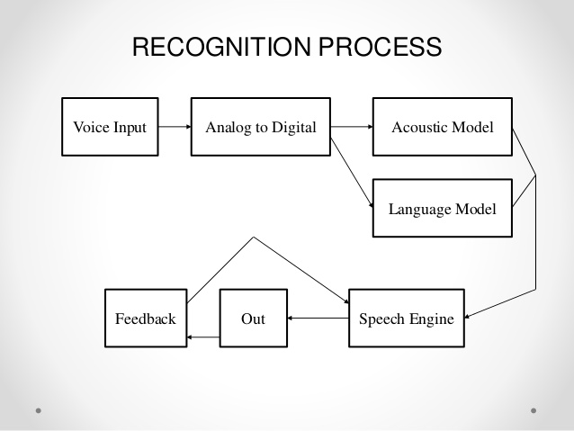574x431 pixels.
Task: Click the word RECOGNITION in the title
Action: point(221,47)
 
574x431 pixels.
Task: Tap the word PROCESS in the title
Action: point(381,47)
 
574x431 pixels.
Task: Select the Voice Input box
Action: point(110,127)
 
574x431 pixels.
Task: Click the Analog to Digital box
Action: point(261,127)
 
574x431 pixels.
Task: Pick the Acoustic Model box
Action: point(443,127)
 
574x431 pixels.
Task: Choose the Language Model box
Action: point(443,208)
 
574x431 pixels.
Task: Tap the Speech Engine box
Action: point(407,319)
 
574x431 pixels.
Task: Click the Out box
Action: point(254,319)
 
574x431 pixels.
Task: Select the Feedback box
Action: point(146,319)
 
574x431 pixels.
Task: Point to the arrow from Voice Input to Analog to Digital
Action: point(175,127)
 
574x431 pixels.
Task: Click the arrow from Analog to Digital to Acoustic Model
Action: point(352,127)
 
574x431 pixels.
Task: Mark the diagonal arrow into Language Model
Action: point(352,173)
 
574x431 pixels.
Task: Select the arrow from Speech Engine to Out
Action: point(318,319)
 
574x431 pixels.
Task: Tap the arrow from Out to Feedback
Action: point(203,337)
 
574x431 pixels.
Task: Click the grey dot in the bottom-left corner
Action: point(39,410)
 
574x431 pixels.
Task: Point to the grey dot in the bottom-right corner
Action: point(534,410)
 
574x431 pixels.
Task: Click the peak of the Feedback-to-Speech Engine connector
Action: point(254,237)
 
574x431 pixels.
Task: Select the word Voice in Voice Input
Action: point(92,127)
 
